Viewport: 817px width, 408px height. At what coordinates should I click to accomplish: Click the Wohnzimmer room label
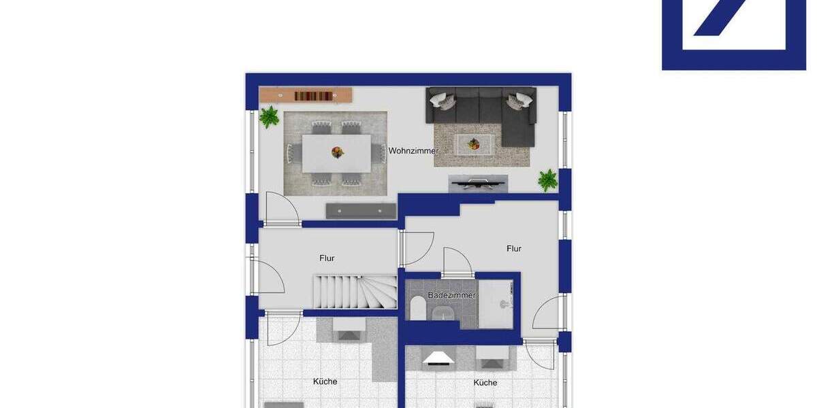click(x=413, y=151)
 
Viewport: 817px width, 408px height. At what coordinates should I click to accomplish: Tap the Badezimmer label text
click(x=451, y=295)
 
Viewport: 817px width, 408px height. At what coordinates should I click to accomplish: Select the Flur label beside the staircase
click(x=327, y=258)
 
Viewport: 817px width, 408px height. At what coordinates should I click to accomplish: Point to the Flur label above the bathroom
click(x=514, y=249)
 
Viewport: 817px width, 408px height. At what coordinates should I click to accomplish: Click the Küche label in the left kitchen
click(x=325, y=381)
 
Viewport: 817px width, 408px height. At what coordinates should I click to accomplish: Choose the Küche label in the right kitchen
click(x=485, y=383)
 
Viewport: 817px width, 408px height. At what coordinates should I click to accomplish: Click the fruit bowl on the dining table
click(x=337, y=152)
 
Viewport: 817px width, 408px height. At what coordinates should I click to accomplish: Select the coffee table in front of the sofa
click(x=475, y=144)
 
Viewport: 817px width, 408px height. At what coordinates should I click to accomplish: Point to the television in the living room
click(x=478, y=181)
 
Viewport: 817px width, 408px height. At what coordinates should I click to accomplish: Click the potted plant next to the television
click(x=547, y=180)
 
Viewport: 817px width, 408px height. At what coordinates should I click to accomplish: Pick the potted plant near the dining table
click(x=269, y=117)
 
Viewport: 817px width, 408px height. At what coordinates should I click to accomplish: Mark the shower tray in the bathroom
click(x=495, y=304)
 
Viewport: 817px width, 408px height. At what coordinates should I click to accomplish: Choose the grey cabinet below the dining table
click(x=361, y=211)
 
